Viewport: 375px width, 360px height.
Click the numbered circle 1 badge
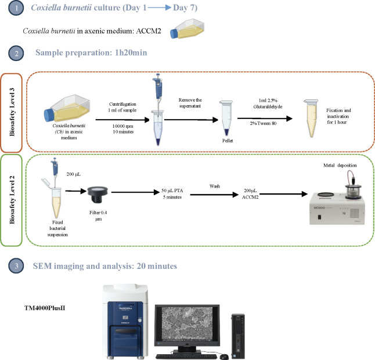point(16,8)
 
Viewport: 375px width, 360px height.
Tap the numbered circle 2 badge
point(16,53)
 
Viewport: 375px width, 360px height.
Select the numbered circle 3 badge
point(16,266)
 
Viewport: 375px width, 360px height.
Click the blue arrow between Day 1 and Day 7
point(159,8)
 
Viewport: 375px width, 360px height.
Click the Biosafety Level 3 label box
point(11,113)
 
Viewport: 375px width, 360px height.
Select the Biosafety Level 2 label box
point(11,200)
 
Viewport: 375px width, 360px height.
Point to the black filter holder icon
point(98,195)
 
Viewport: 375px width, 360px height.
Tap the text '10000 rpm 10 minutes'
point(123,129)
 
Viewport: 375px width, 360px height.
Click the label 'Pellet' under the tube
point(228,141)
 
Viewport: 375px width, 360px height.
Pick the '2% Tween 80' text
point(264,123)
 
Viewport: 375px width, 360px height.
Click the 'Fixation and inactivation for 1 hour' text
point(338,116)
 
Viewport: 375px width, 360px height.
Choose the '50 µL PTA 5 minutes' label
point(172,194)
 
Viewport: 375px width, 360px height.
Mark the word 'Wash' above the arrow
point(215,186)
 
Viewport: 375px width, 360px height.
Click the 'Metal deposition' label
point(340,165)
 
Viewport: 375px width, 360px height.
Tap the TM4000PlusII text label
point(45,308)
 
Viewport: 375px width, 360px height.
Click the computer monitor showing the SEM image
point(187,326)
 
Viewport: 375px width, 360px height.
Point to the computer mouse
point(224,357)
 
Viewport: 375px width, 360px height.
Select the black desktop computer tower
point(238,336)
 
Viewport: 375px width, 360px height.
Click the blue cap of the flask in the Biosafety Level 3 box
point(49,114)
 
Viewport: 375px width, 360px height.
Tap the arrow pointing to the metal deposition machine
point(283,194)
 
